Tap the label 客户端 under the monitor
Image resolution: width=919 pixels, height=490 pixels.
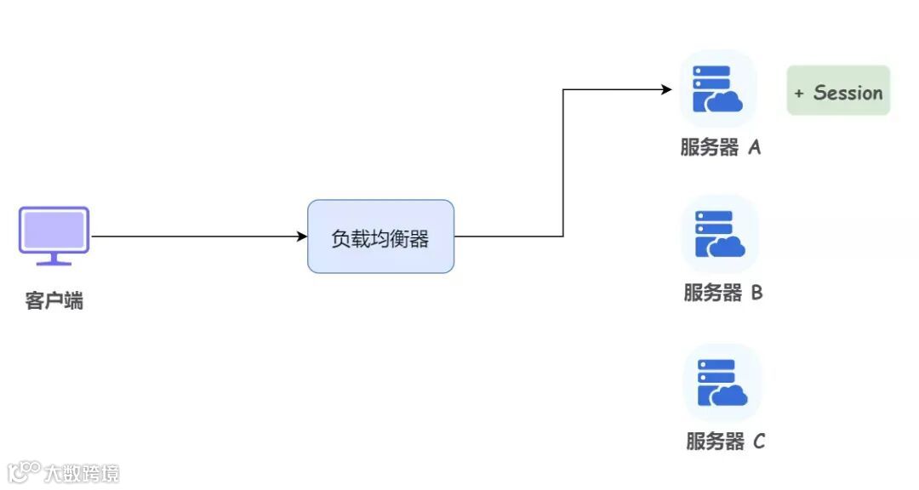(54, 301)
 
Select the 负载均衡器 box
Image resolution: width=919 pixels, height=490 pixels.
(380, 236)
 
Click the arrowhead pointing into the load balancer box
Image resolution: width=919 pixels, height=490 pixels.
(301, 236)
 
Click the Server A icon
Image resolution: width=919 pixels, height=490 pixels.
(717, 88)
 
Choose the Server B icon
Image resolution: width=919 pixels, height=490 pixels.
(720, 234)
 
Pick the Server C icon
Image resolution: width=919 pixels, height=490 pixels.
(722, 383)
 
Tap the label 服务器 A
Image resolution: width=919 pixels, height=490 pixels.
(720, 147)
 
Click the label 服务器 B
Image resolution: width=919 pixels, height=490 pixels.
(722, 293)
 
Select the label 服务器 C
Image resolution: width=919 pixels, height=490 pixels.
(725, 442)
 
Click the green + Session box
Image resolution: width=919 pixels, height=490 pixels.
(838, 91)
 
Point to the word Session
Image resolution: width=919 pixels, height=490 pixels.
(848, 93)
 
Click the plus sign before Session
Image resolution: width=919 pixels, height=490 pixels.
(799, 94)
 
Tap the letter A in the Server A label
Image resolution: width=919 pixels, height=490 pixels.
(754, 147)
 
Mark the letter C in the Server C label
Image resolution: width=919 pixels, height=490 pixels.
(759, 442)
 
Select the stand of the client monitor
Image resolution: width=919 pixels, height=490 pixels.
(54, 259)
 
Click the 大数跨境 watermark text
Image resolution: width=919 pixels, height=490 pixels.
(83, 473)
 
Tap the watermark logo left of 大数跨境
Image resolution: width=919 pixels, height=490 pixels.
(24, 472)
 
